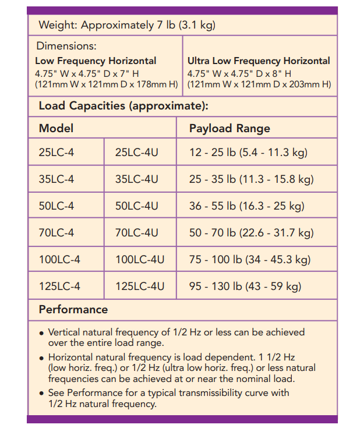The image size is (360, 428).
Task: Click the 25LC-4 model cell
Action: (57, 153)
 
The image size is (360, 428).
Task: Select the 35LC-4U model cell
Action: (136, 179)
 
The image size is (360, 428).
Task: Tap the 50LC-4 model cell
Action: (57, 206)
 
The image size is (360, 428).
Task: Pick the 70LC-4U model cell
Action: (136, 233)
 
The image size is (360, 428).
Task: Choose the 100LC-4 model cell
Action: (59, 260)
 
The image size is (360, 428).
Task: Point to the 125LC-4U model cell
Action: (140, 286)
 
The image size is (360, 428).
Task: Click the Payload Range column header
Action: (230, 128)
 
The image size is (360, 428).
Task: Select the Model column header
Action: (56, 128)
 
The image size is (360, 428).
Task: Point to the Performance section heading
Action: (73, 309)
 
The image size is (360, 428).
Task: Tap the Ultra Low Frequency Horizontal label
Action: (259, 61)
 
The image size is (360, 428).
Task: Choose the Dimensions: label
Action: (66, 47)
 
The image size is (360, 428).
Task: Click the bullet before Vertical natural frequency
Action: (41, 333)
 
